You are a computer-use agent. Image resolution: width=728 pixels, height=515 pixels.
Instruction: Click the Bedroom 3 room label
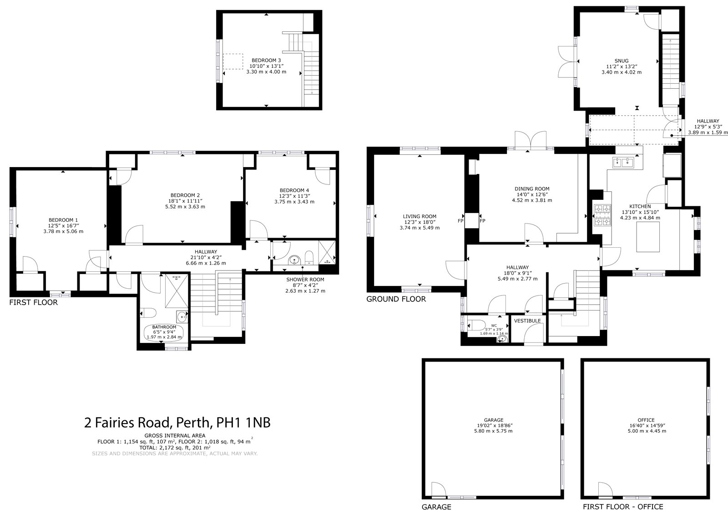point(266,60)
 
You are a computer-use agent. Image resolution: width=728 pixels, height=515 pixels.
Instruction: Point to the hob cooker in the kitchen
point(602,215)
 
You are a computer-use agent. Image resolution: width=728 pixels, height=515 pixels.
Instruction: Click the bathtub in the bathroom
point(165,332)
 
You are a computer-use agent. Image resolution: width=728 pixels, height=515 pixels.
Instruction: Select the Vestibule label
point(527,321)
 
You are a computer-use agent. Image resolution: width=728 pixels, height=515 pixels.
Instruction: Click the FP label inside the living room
point(460,221)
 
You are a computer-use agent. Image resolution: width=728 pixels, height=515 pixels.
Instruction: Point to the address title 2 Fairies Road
point(177,423)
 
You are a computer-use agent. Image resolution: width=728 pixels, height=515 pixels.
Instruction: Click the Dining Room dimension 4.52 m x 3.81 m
point(531,200)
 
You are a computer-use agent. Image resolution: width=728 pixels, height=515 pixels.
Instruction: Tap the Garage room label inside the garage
point(493,420)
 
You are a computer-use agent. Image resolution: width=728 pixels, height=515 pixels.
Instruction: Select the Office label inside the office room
point(646,420)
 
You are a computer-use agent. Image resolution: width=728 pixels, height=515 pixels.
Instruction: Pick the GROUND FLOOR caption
point(396,299)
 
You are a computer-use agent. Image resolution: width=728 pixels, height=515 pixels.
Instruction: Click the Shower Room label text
point(305,280)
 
